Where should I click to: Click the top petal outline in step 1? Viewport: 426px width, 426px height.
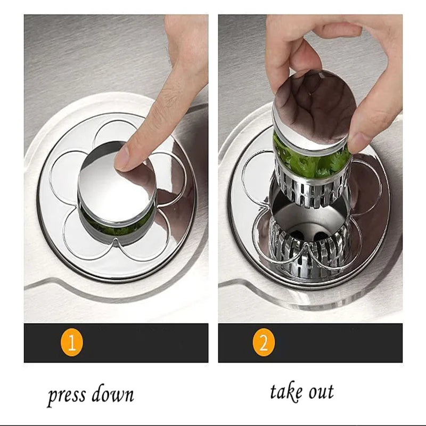(x=114, y=133)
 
